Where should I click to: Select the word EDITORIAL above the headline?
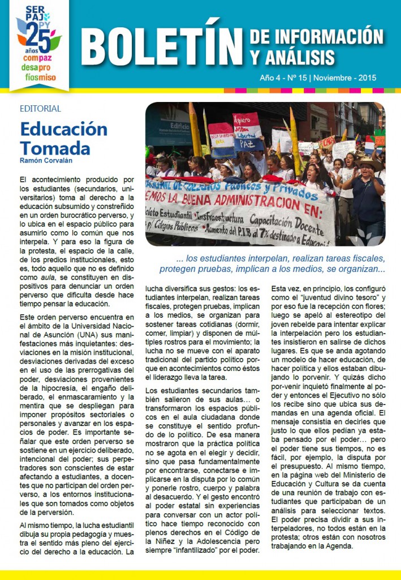tap(40, 109)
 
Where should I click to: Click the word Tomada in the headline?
tap(55, 148)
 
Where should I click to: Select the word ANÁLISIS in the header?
tap(299, 57)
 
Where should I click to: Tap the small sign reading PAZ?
tap(249, 144)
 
